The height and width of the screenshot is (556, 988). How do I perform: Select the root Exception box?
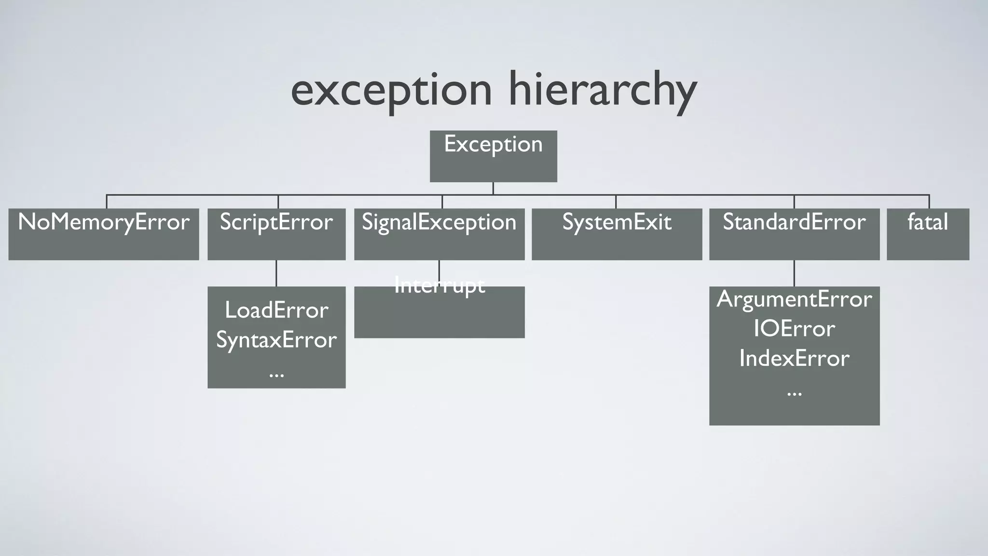[493, 156]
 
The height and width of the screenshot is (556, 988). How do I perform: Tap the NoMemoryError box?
[104, 234]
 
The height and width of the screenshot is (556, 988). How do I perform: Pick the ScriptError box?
[276, 234]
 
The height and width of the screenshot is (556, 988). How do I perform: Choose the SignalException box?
[439, 234]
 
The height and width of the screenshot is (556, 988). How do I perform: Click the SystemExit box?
[617, 234]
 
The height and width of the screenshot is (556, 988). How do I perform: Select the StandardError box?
[794, 234]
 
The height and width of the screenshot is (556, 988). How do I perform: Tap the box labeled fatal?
[928, 234]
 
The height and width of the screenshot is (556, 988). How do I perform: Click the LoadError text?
[276, 310]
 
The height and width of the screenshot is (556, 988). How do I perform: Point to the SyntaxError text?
[276, 340]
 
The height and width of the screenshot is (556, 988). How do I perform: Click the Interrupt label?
[439, 285]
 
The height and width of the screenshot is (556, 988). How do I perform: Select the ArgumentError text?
[794, 299]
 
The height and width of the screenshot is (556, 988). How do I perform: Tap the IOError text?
[794, 329]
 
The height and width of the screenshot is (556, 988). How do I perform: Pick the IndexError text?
[794, 359]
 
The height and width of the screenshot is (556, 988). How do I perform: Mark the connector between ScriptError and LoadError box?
[276, 273]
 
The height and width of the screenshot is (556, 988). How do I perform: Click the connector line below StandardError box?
[794, 273]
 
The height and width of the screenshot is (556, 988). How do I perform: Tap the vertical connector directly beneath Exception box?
[493, 188]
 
